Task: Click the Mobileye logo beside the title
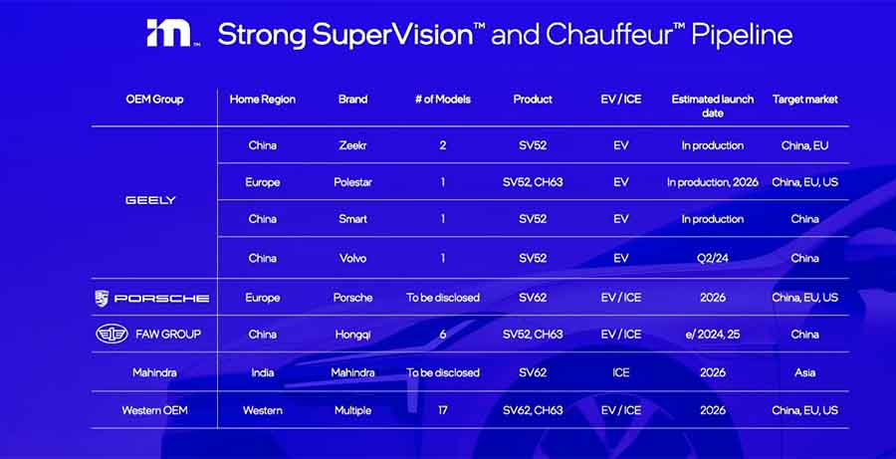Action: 169,33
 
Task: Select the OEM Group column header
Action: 154,100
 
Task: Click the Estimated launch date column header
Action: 713,106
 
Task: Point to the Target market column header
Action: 804,100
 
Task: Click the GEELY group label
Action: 151,200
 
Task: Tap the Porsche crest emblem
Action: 102,298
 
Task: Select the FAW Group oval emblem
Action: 112,335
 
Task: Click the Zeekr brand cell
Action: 352,145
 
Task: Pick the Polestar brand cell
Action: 352,182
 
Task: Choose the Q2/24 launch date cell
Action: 713,258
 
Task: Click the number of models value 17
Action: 442,410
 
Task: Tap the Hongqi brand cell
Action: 352,335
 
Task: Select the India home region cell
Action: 262,372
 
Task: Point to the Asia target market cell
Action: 804,372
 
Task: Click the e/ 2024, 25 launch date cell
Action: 713,335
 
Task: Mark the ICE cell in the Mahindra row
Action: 620,372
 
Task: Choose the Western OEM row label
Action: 154,410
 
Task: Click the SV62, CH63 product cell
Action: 533,410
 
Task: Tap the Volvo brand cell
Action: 352,258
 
